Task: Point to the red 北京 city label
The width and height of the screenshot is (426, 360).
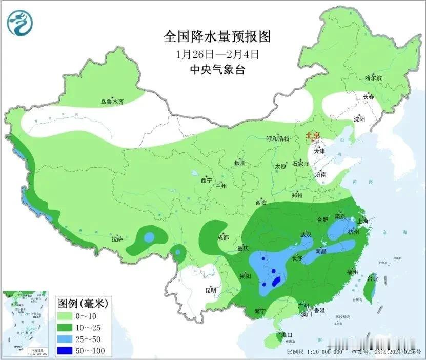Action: coord(313,136)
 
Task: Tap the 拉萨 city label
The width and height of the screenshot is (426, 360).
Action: coord(117,239)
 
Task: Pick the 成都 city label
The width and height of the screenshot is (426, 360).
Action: coord(223,237)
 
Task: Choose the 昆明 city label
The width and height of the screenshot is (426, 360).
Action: coord(211,290)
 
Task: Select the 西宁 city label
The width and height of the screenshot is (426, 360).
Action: coord(206,180)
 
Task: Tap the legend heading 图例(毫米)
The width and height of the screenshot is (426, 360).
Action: coord(78,302)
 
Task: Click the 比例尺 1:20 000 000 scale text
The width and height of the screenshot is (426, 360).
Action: coord(314,353)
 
